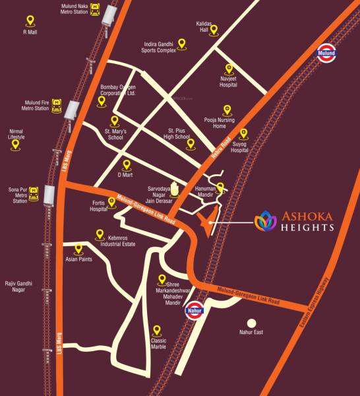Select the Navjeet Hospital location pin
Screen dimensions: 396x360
(229, 68)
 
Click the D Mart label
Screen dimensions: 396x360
(125, 175)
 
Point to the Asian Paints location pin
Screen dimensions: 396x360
(78, 249)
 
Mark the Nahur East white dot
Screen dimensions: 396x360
(251, 323)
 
